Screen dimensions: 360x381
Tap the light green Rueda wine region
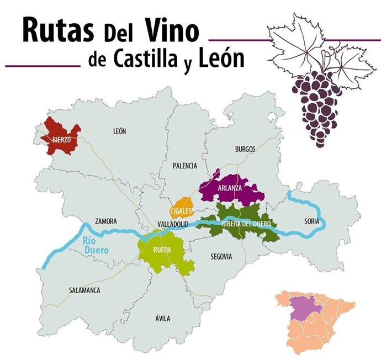[x=166, y=251]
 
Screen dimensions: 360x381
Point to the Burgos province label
[x=245, y=149]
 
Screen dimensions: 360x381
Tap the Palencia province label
[x=184, y=165]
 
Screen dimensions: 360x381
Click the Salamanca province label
[x=84, y=290]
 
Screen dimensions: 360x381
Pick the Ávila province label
[x=163, y=318]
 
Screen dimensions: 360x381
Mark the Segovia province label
[x=221, y=257]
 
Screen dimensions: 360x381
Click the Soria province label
[x=311, y=221]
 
